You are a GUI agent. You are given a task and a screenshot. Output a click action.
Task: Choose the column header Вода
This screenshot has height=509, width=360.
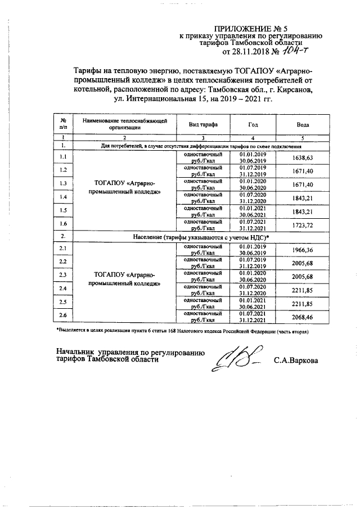[303, 124]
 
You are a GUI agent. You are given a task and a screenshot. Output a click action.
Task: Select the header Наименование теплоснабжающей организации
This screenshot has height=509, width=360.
[124, 124]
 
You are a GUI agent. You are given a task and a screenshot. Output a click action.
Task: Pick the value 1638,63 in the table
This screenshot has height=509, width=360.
[303, 158]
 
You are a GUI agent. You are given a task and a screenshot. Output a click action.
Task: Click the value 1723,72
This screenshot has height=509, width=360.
[303, 225]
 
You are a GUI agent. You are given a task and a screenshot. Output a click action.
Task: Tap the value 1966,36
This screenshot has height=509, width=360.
[303, 249]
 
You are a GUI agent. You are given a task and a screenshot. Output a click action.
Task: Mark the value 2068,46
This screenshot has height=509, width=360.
[303, 317]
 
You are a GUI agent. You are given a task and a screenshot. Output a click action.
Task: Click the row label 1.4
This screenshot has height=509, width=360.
[63, 198]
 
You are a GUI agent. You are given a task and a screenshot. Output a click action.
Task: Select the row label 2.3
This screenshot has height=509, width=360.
[63, 276]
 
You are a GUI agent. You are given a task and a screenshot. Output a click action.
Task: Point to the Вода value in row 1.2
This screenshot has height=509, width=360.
[303, 171]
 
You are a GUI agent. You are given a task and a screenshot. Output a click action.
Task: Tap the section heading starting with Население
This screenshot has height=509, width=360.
[200, 237]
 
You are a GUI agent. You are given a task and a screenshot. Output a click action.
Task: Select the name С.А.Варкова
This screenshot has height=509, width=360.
[295, 360]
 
